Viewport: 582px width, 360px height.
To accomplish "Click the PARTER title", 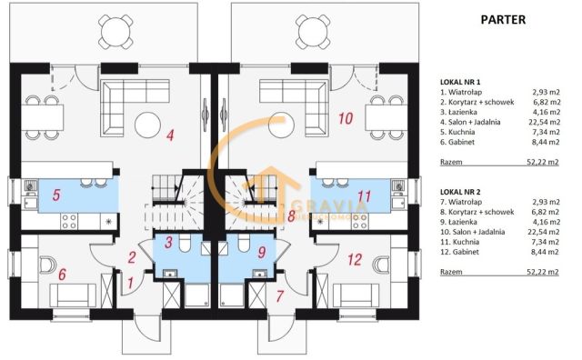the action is point(503,20).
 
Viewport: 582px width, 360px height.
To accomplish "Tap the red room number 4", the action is point(170,135).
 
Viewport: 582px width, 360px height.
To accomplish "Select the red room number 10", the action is point(346,118).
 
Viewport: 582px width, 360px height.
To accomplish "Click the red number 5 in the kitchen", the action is point(56,195).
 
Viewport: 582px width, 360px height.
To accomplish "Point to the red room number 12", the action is point(355,259).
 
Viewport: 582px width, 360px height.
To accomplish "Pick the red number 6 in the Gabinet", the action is point(63,274).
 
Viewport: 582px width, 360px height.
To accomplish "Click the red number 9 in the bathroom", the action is point(262,253).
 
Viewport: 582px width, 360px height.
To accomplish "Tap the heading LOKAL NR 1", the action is point(460,82).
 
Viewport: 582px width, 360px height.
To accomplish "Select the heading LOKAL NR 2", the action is point(460,192).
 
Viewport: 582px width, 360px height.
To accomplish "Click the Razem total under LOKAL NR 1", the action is point(451,162).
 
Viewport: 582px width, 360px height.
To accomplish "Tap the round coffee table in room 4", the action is point(147,125).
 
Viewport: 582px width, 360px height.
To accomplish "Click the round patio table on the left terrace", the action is point(115,32).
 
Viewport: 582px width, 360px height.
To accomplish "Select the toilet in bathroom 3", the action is point(185,243).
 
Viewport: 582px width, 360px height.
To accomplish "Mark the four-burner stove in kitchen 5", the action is point(69,221).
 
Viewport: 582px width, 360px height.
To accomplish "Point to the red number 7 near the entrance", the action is point(280,296).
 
